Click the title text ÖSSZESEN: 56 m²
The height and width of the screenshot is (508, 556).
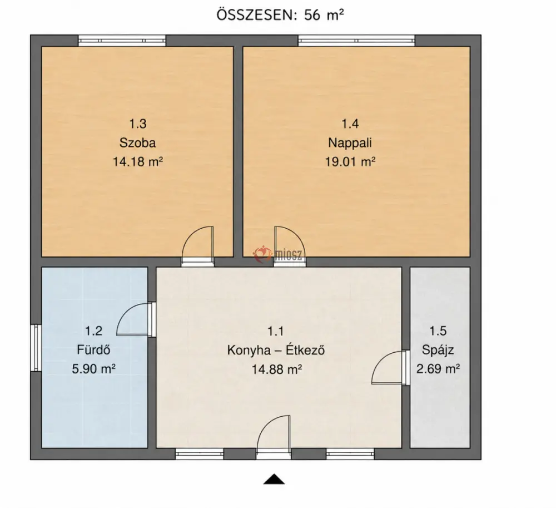click(x=280, y=15)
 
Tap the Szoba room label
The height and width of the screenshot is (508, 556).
click(x=137, y=142)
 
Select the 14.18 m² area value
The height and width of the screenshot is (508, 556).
click(x=137, y=162)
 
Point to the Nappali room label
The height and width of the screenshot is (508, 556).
click(x=350, y=142)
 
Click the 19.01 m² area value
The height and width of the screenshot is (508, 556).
click(x=350, y=162)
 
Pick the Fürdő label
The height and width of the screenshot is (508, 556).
click(x=93, y=350)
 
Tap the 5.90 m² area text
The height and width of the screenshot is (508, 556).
click(x=93, y=369)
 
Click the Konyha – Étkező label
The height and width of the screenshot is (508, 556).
click(x=276, y=350)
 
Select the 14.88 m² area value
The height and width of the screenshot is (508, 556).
click(x=276, y=369)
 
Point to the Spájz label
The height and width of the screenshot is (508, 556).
click(x=438, y=350)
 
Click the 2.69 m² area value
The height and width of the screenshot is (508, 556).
click(x=438, y=369)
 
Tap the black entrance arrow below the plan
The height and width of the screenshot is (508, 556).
click(x=274, y=479)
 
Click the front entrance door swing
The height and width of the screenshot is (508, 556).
click(x=274, y=432)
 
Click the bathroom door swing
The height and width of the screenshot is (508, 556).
click(x=132, y=319)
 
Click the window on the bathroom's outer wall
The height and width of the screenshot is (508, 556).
click(x=36, y=348)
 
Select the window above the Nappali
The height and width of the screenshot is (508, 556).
click(x=356, y=41)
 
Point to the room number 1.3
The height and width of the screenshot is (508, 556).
click(x=137, y=124)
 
